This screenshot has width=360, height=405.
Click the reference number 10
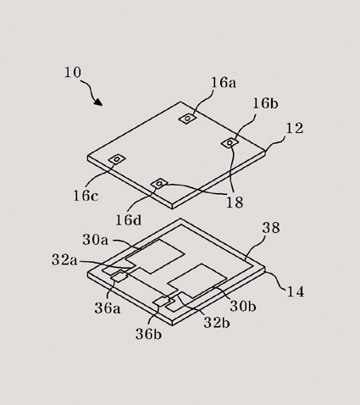(73, 72)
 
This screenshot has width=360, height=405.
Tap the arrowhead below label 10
(98, 102)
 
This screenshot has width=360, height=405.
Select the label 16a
(224, 82)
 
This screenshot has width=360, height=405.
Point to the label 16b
(265, 103)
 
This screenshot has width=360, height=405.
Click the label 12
(295, 128)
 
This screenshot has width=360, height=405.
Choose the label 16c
(86, 196)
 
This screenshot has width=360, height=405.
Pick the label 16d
(129, 219)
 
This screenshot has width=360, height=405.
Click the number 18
(235, 202)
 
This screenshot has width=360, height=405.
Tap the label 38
(271, 227)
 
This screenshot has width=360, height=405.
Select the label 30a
(96, 240)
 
